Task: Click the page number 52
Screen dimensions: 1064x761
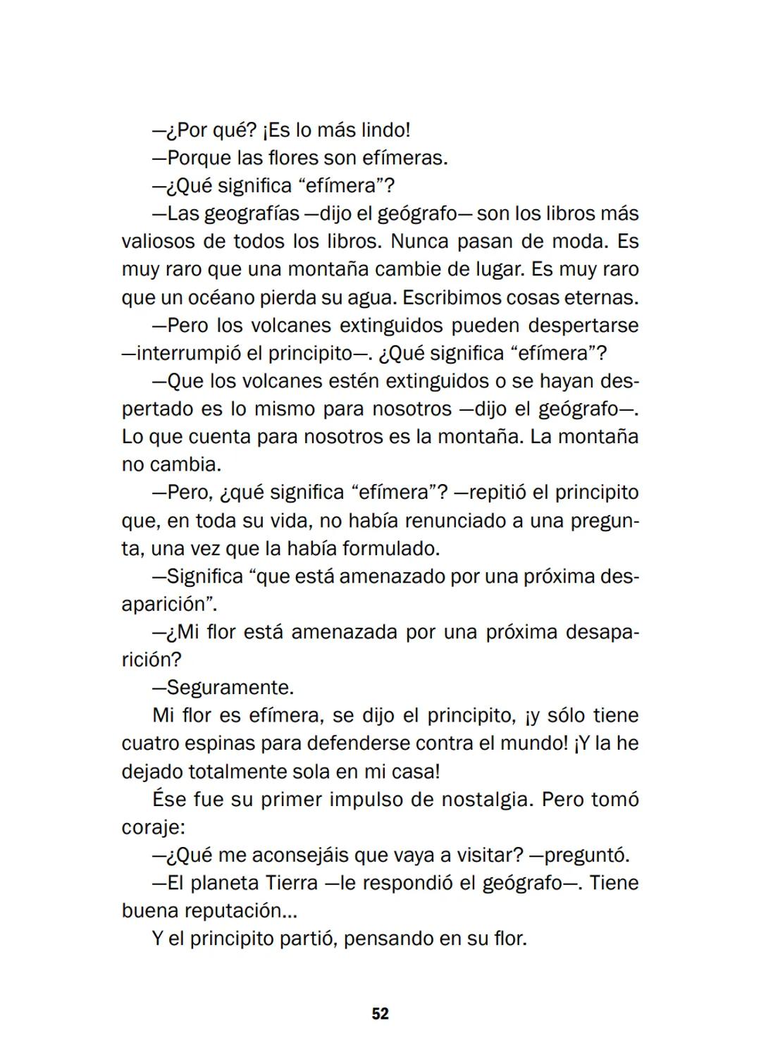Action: pyautogui.click(x=380, y=1014)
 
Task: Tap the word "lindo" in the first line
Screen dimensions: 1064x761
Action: pyautogui.click(x=384, y=130)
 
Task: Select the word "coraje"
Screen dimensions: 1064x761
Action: pyautogui.click(x=153, y=827)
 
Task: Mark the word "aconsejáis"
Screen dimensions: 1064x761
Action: pyautogui.click(x=299, y=855)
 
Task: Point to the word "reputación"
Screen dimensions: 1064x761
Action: pyautogui.click(x=234, y=911)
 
